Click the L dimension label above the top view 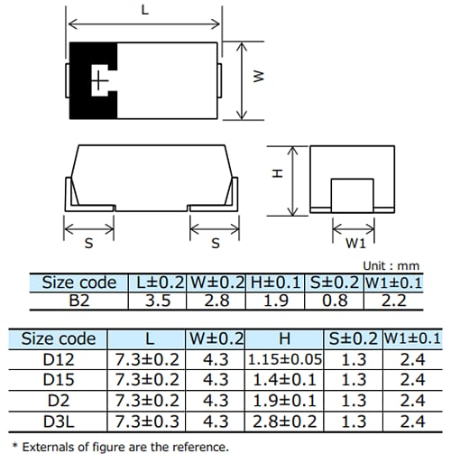145,10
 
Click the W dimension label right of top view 257,79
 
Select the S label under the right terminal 215,244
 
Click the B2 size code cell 79,301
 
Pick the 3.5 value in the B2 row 159,301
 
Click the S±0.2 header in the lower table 349,339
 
